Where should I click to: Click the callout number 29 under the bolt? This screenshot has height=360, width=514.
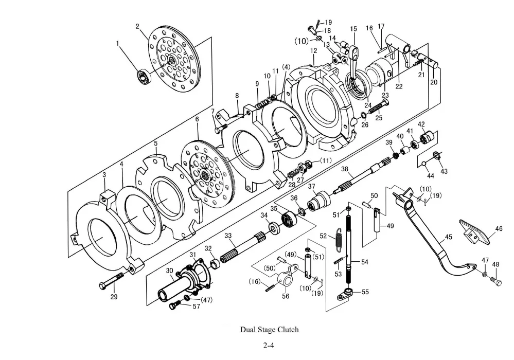tap(114, 297)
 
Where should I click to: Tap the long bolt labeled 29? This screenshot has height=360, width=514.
tap(112, 280)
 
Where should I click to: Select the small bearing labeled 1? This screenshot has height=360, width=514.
tap(143, 76)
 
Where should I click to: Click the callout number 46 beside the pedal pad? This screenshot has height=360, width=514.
tap(499, 229)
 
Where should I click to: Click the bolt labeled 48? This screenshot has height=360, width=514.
tap(496, 281)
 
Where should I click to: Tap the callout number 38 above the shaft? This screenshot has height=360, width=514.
tap(345, 169)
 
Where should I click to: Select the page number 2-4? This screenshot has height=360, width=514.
tap(268, 345)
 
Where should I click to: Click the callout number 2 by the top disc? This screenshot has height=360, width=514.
tap(138, 26)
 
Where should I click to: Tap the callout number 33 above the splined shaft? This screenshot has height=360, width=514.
tap(228, 236)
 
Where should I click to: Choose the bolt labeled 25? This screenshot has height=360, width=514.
tap(379, 107)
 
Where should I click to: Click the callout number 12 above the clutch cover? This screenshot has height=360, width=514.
tap(314, 51)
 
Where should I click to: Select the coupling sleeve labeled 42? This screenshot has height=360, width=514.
tap(428, 137)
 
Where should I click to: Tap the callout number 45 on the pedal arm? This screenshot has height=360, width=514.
tap(448, 237)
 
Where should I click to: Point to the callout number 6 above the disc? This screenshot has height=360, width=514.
tap(197, 119)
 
